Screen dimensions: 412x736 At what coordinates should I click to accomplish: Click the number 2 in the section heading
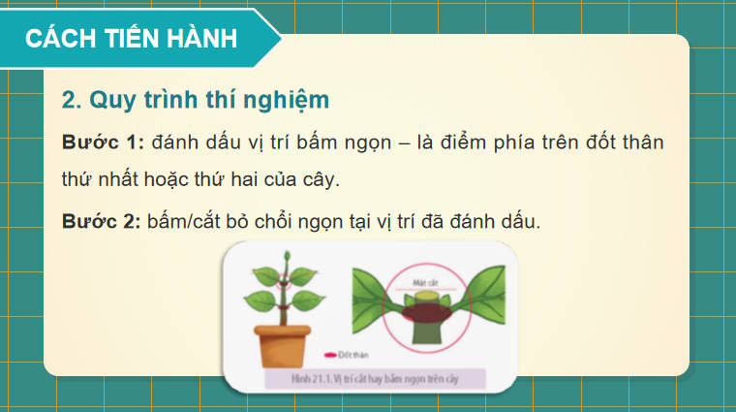point(68,99)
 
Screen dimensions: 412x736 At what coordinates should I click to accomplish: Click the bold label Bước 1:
point(103,142)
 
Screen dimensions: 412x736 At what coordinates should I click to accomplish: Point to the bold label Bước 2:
point(103,221)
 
